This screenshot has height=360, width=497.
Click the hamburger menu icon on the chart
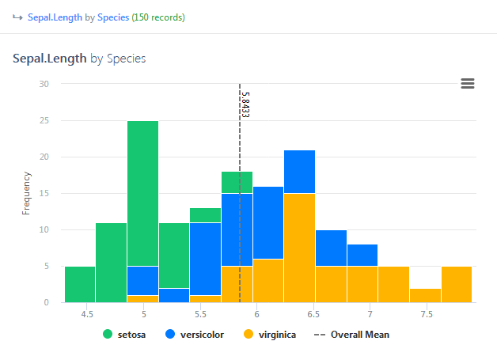[x=468, y=84]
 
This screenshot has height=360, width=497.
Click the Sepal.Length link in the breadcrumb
[x=55, y=17]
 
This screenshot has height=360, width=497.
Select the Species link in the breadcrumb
[x=113, y=17]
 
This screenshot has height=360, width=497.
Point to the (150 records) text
[x=158, y=17]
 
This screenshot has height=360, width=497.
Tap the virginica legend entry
[x=266, y=335]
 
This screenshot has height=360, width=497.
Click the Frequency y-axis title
[x=26, y=193]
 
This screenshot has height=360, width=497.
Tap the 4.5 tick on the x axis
[x=88, y=314]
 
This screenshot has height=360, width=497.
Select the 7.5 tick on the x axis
[x=427, y=314]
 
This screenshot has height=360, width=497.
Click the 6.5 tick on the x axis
[x=313, y=314]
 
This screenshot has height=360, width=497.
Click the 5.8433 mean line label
[x=245, y=104]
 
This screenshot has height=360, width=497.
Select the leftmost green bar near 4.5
[x=80, y=284]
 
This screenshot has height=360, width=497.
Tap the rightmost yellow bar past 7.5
[x=457, y=284]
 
